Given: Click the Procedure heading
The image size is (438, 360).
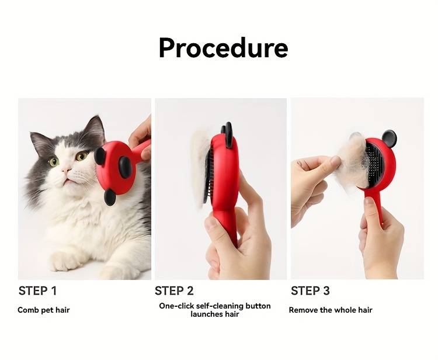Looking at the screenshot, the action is (x=223, y=48).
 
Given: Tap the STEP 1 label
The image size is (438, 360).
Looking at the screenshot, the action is (x=37, y=290).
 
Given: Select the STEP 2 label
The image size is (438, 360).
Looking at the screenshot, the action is (x=174, y=290).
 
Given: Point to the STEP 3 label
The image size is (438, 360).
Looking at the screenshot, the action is (x=310, y=290).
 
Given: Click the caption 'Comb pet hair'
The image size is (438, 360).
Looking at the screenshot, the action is (x=44, y=310).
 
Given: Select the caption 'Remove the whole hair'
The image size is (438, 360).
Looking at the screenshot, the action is (x=331, y=310).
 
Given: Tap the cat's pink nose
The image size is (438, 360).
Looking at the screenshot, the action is (x=67, y=170).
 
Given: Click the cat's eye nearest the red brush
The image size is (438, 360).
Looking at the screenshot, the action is (x=82, y=155).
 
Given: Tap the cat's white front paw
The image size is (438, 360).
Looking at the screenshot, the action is (x=67, y=261).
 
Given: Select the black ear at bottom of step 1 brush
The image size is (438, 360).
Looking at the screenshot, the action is (x=110, y=197).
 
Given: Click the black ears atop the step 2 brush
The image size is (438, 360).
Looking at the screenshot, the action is (x=227, y=134).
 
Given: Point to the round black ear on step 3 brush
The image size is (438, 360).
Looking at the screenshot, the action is (x=390, y=139).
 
